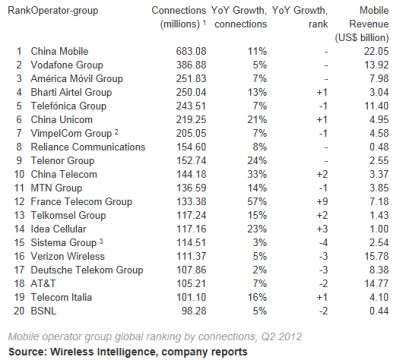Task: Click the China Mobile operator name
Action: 59,51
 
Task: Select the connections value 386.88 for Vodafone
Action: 191,65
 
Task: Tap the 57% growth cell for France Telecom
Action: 257,202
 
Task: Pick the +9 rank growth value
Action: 322,202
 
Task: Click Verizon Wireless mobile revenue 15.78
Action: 377,256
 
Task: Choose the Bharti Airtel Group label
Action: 71,92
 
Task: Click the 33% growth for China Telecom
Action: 257,174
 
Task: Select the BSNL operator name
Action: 43,311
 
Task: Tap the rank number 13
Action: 19,215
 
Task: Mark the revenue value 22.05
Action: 377,51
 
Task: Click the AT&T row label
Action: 43,284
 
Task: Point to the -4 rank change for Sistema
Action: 323,243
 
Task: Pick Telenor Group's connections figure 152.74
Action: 191,161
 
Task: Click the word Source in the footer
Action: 27,352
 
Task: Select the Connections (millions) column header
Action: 179,17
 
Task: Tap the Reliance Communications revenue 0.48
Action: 379,147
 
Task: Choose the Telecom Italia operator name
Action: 61,297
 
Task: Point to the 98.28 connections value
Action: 194,311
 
